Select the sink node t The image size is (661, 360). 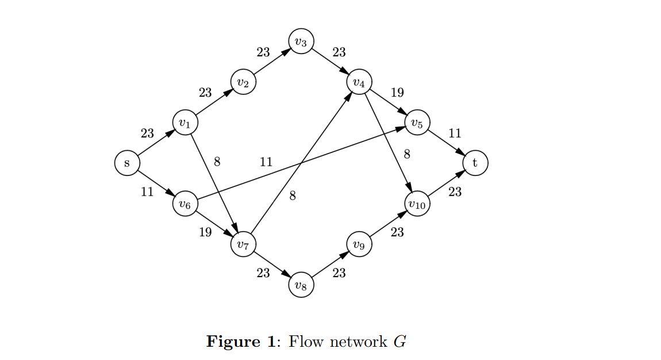coord(475,163)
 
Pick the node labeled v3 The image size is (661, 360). coord(301,41)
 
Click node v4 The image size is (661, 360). coord(359,83)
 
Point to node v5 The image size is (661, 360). coord(417,122)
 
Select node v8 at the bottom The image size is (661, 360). coord(301,285)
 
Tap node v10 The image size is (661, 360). coord(417,204)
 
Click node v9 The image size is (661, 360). coord(359,245)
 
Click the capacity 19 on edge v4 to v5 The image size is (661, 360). coord(397,93)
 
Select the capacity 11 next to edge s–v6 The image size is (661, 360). coord(147,192)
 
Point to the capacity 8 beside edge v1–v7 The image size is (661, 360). coord(217,162)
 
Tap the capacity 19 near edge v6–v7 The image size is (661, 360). coord(205,232)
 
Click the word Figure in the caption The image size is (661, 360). coord(233,342)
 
